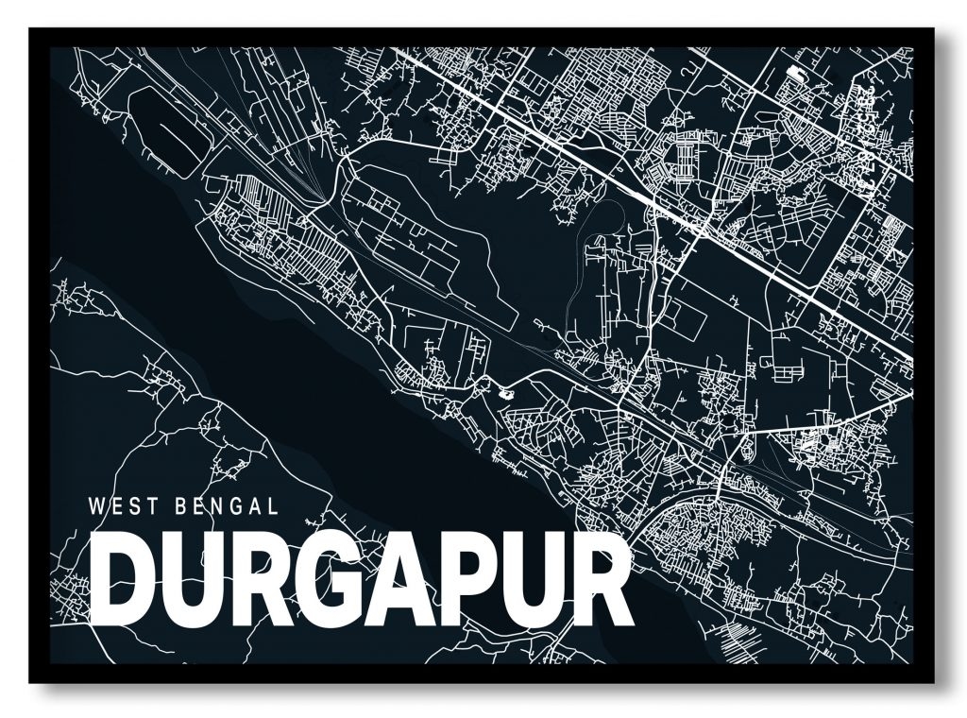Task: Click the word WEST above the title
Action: (x=123, y=506)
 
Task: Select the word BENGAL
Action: (x=227, y=506)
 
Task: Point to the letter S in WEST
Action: (x=135, y=506)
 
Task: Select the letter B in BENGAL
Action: (x=181, y=506)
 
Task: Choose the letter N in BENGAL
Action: (x=217, y=506)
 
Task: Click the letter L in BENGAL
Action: (x=273, y=506)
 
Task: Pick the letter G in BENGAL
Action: (x=236, y=506)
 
